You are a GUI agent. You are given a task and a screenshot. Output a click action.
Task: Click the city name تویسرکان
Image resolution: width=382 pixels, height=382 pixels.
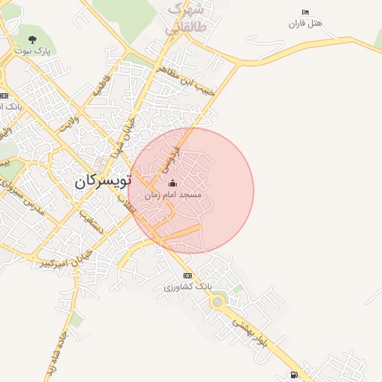pos(104,181)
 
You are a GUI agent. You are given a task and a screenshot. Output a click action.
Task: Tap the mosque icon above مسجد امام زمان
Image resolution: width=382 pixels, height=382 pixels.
pos(172,183)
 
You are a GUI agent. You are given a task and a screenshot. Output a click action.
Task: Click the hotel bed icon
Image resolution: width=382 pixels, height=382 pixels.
pos(304,13)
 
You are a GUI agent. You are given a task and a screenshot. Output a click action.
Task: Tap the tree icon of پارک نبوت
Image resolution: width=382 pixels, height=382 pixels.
pos(31,40)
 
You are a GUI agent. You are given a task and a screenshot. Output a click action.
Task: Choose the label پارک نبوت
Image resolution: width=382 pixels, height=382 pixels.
pos(32,50)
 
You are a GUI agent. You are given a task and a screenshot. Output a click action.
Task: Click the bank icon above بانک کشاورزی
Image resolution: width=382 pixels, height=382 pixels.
pos(187,275)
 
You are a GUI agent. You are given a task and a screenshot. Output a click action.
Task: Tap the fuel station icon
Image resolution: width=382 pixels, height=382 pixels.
pos(294,375)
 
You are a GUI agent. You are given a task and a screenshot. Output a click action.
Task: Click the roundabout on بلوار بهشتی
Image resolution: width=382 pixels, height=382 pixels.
pos(218,302)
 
